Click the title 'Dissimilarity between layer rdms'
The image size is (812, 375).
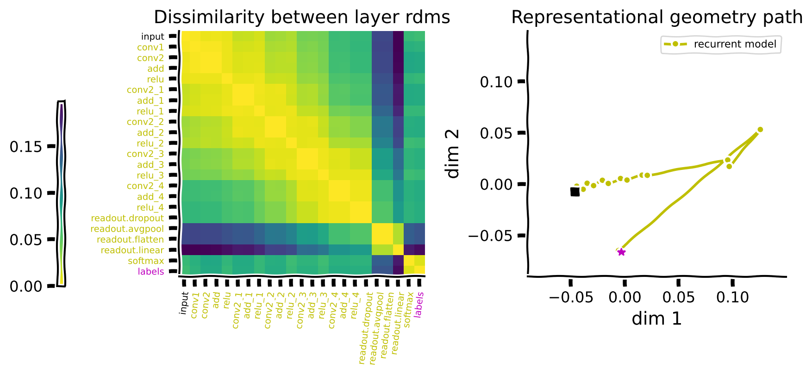click(302, 18)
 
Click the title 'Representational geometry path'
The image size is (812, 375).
click(656, 18)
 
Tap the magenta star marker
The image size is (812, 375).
click(621, 252)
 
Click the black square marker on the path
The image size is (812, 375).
click(575, 191)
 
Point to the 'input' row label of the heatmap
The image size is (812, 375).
click(152, 37)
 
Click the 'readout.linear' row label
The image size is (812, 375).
click(132, 250)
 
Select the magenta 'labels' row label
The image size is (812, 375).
click(151, 272)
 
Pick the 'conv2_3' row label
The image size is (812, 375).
click(145, 154)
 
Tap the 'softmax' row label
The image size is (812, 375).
click(146, 261)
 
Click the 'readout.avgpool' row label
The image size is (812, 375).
click(127, 229)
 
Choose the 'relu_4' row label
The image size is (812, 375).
click(150, 207)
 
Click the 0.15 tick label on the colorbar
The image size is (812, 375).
click(25, 147)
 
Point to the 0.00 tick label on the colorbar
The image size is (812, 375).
click(25, 287)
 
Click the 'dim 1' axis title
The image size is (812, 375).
click(656, 319)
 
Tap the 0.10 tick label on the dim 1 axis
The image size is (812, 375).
click(732, 297)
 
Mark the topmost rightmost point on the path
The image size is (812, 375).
click(760, 130)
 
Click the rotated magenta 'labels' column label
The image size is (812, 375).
click(419, 304)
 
